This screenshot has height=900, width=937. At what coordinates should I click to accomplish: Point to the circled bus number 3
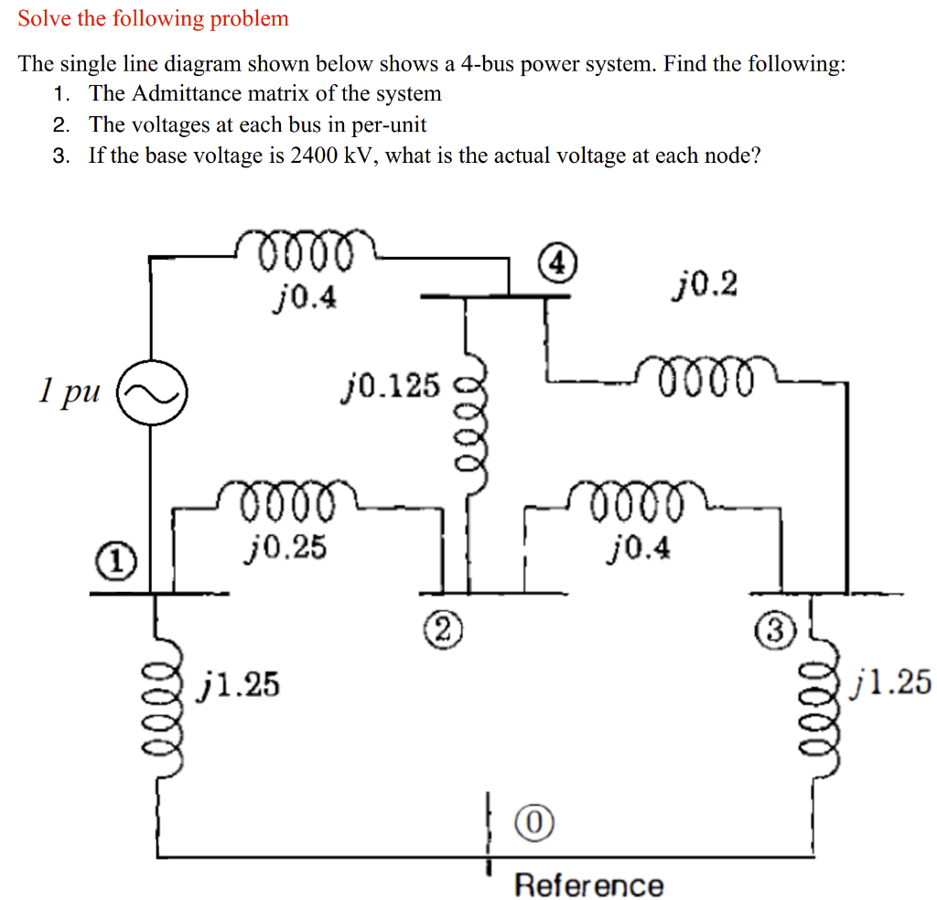tap(773, 630)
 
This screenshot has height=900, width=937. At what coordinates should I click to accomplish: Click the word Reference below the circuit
tap(588, 884)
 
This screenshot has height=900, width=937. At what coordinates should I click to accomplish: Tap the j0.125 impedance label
tap(390, 386)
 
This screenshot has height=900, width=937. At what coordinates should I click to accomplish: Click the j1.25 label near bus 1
tap(241, 682)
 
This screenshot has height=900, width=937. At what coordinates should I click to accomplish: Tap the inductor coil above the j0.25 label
tap(285, 499)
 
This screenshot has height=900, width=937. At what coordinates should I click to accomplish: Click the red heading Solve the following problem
tap(153, 17)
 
